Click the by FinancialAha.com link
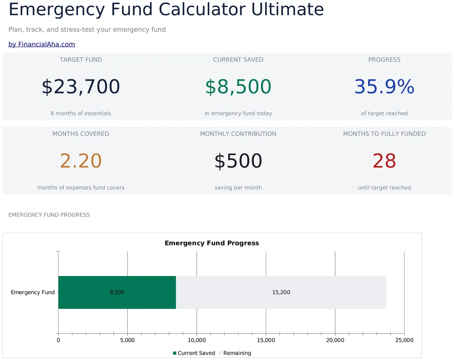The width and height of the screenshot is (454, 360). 42,44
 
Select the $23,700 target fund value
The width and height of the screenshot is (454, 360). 81,87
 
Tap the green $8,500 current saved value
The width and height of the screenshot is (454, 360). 238,87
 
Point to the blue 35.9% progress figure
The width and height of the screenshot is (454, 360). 384,87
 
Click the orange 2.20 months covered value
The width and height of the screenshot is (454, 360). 81,161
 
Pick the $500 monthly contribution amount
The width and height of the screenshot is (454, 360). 238,161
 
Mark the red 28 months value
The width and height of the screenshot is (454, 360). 384,161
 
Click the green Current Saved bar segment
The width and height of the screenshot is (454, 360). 117,292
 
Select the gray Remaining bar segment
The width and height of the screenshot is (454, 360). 281,292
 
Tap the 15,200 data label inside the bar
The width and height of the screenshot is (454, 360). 281,292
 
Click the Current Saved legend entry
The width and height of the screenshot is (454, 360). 194,353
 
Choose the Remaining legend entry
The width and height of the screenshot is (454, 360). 235,353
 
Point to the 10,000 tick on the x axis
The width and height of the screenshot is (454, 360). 197,340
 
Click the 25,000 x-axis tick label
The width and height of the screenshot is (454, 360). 404,340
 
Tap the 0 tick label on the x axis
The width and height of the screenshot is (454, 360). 58,340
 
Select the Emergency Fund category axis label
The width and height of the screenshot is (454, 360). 33,292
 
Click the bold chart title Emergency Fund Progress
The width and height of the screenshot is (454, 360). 211,243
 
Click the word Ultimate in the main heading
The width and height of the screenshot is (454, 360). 287,9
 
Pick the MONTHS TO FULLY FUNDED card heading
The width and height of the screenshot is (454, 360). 384,134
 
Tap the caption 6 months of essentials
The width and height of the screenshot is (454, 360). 81,113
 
